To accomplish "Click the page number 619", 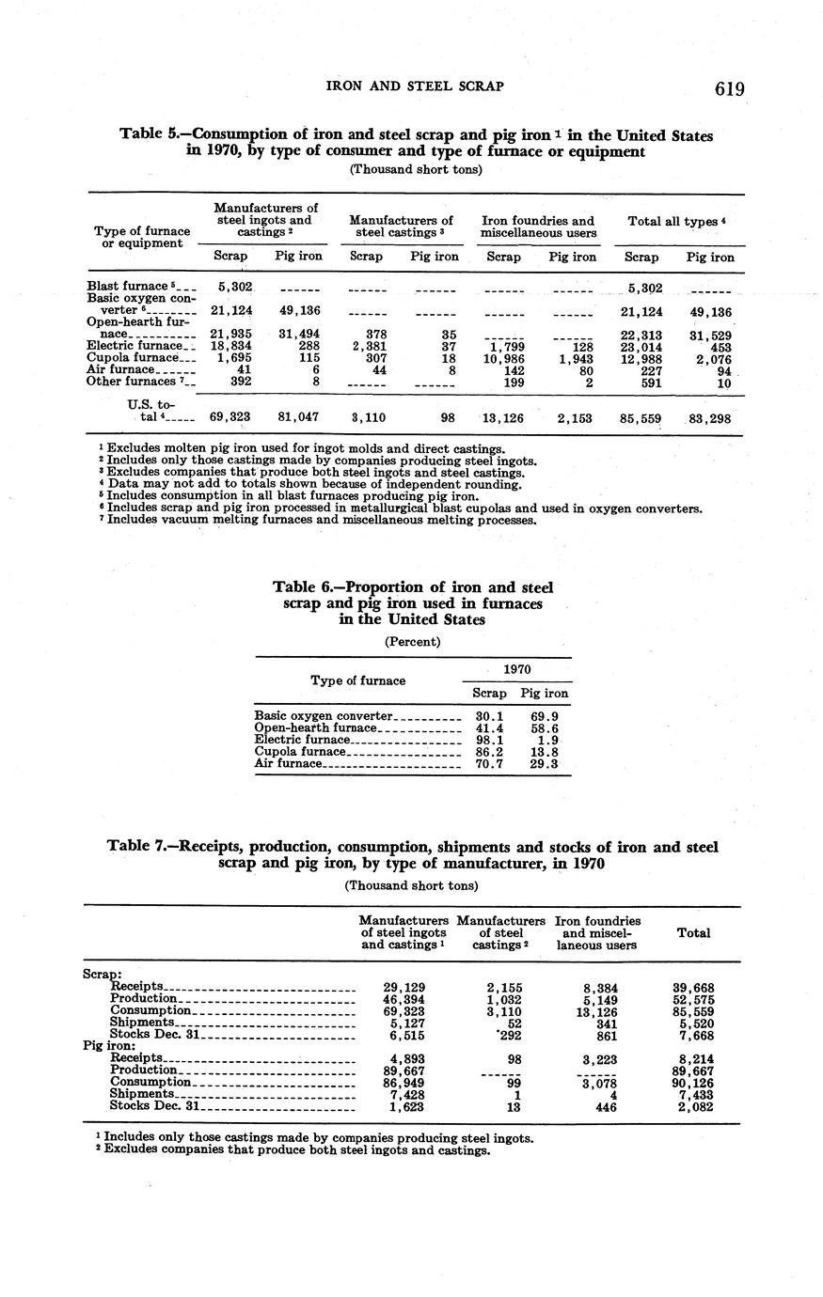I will point(729,88).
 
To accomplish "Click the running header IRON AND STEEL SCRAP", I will point(414,86).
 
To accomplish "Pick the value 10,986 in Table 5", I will point(502,357).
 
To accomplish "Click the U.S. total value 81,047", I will point(300,417).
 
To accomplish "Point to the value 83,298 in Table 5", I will point(710,417).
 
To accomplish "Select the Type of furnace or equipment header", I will point(142,237).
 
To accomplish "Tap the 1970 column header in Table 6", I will point(517,669).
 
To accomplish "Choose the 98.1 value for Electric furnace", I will point(489,740).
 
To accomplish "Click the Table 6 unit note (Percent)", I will point(412,642).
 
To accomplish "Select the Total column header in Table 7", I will point(693,933).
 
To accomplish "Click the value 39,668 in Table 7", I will point(694,987).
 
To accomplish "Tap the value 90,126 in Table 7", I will point(694,1083).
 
